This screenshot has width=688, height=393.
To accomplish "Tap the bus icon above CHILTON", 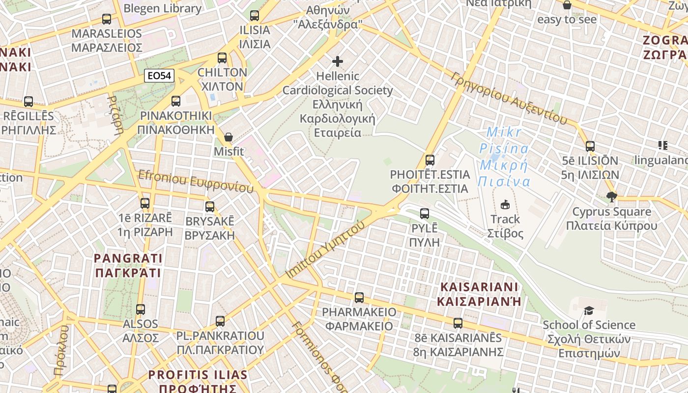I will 222,58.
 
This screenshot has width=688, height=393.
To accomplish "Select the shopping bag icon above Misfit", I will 229,137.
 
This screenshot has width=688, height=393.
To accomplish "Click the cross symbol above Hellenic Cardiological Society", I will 338,61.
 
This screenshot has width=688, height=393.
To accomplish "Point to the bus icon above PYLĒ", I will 425,214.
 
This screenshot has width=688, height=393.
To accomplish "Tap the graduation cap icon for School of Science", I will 589,310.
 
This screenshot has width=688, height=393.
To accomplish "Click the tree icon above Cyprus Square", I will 611,197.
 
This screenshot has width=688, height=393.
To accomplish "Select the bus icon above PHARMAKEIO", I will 359,298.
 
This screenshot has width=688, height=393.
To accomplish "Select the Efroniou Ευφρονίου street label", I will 196,181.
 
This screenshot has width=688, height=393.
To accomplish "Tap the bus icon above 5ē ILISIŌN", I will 590,146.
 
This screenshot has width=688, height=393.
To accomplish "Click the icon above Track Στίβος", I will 505,204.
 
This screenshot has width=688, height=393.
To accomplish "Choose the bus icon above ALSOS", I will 141,309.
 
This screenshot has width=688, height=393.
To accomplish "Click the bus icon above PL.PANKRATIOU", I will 220,321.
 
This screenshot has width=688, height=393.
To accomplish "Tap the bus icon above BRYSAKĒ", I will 210,207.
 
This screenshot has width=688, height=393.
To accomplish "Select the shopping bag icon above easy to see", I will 567,5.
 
